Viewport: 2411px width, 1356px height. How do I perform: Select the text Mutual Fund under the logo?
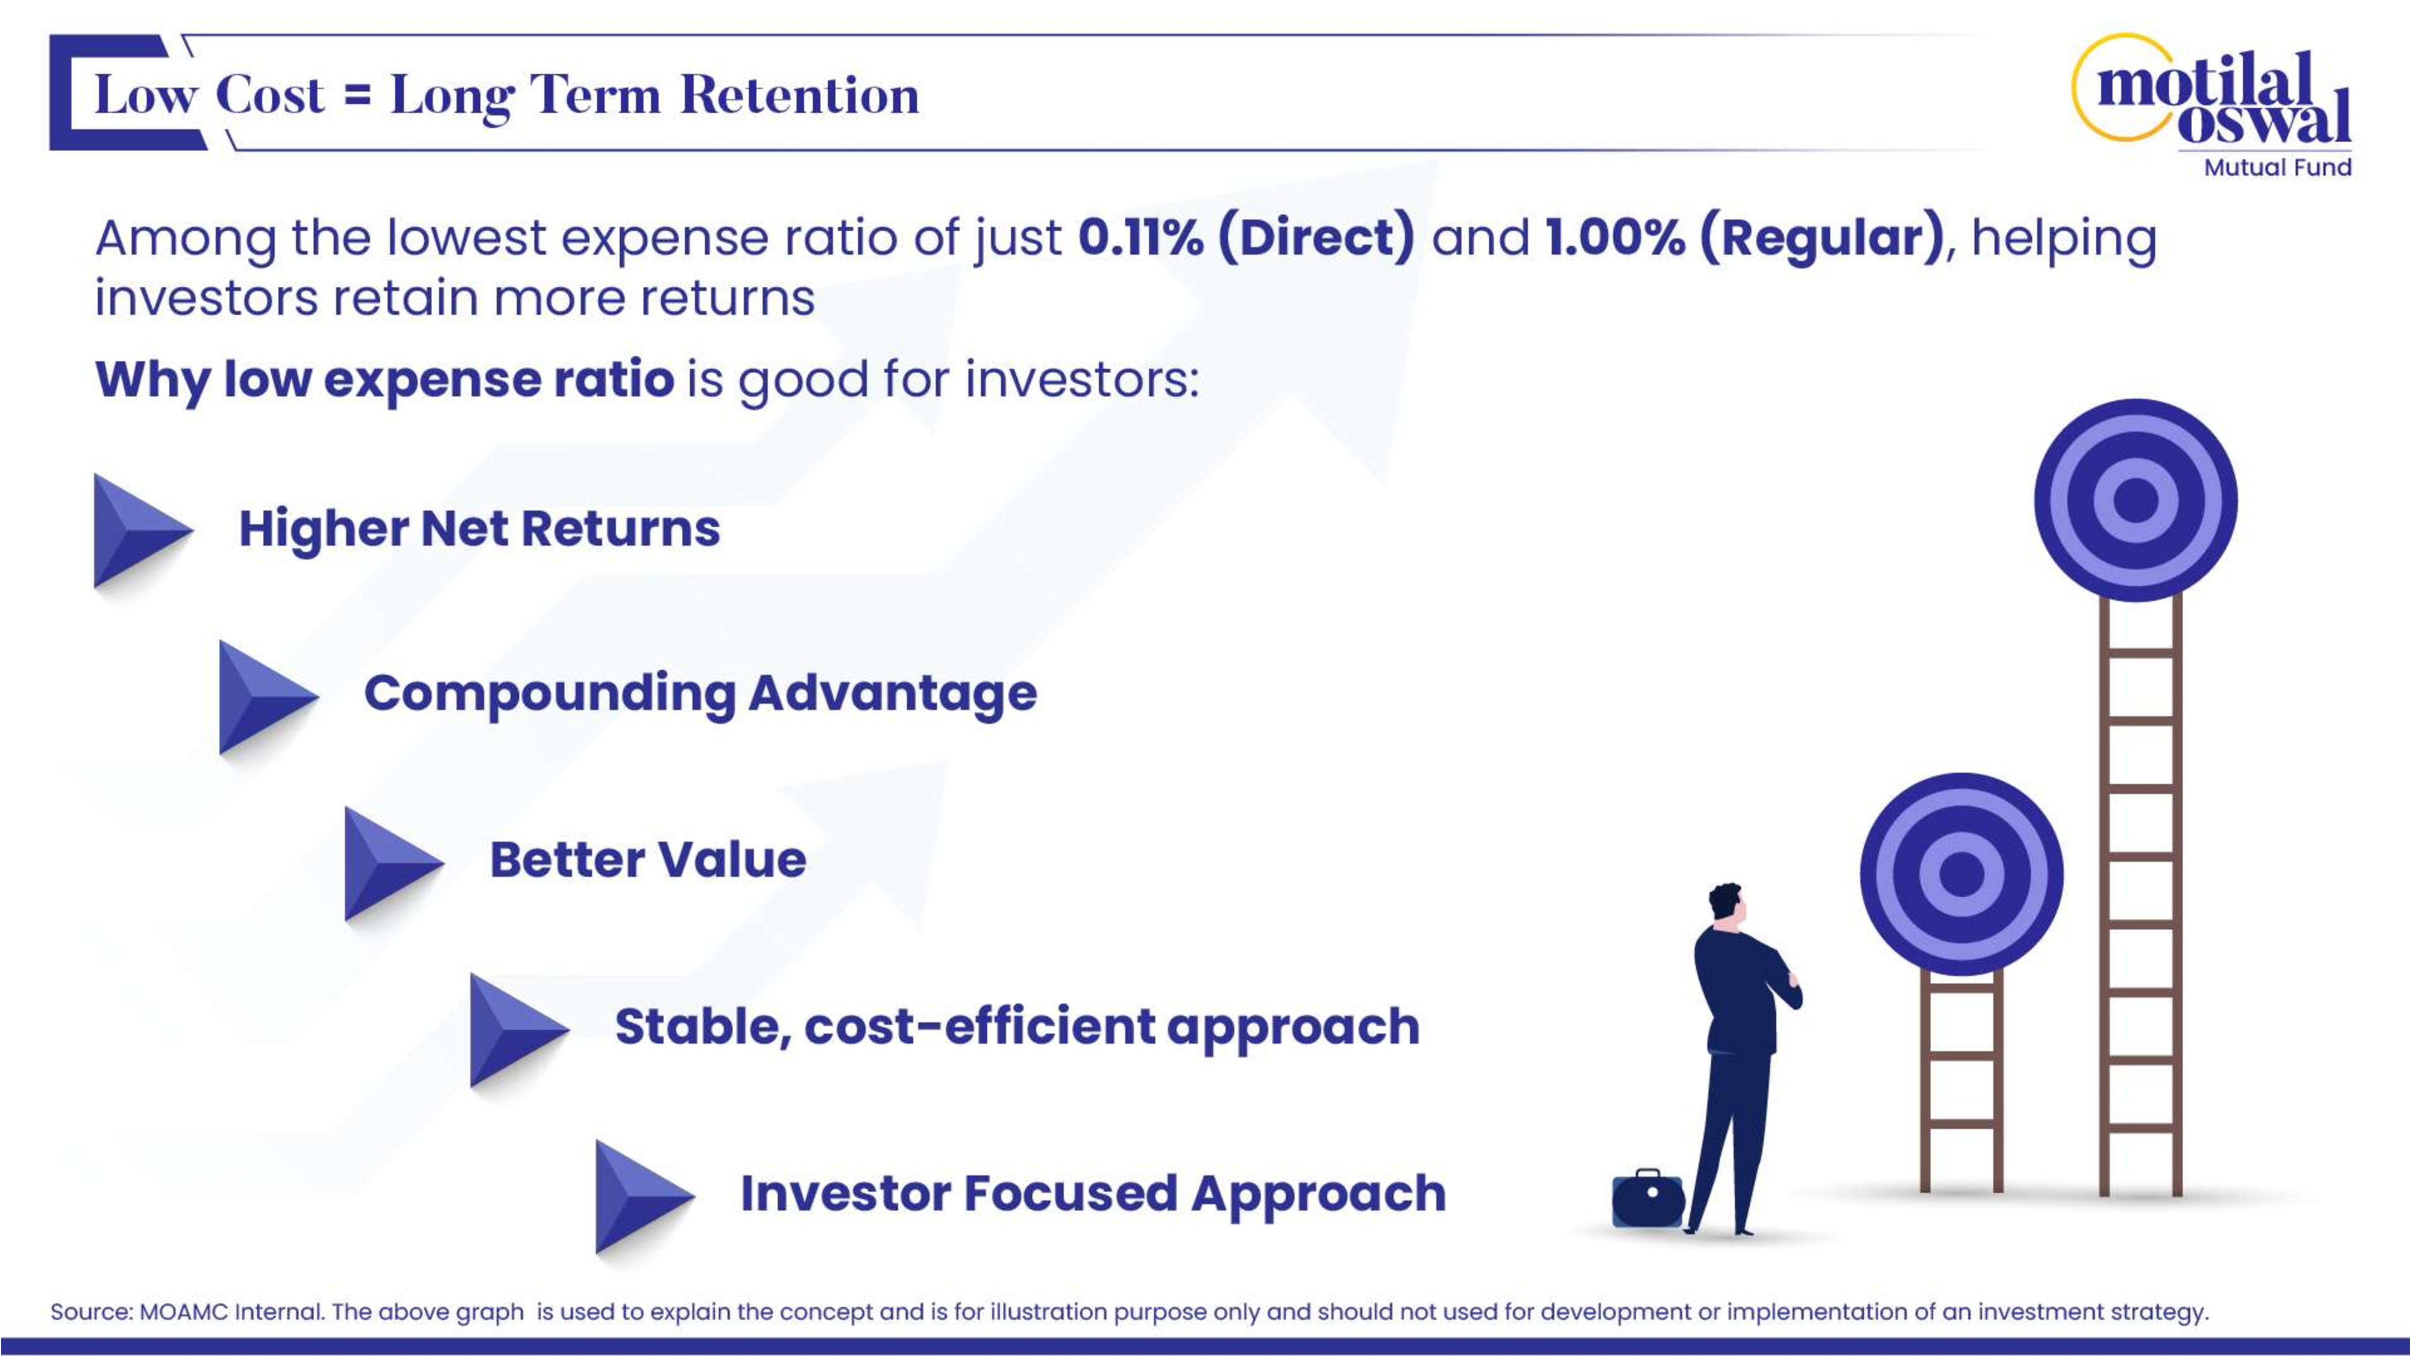[2277, 168]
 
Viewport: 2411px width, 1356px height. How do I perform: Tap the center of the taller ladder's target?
[2136, 500]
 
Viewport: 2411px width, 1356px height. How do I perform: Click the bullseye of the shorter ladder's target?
[1962, 874]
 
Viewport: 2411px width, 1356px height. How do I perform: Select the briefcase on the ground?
[1648, 1198]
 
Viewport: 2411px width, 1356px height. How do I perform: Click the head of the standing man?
[1726, 904]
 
